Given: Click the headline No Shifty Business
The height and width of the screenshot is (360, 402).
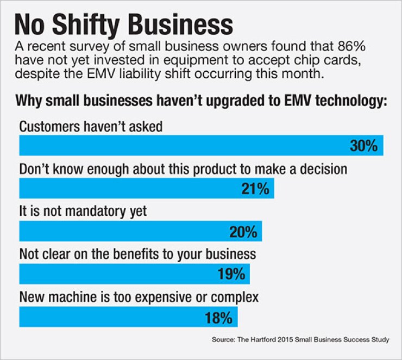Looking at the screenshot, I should [x=123, y=24].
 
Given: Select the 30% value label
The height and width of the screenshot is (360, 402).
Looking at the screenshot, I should [x=363, y=146].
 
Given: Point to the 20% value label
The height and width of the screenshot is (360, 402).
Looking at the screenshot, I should [x=242, y=232].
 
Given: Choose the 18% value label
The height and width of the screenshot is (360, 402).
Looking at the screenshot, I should [x=218, y=316].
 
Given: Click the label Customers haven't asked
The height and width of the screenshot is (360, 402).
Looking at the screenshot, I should [x=91, y=126].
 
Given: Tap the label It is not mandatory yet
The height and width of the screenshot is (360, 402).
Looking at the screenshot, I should [x=83, y=212].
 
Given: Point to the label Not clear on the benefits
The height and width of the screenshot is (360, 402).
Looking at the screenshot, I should [x=137, y=254].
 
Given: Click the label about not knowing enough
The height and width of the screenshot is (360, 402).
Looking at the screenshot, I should [x=183, y=169].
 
